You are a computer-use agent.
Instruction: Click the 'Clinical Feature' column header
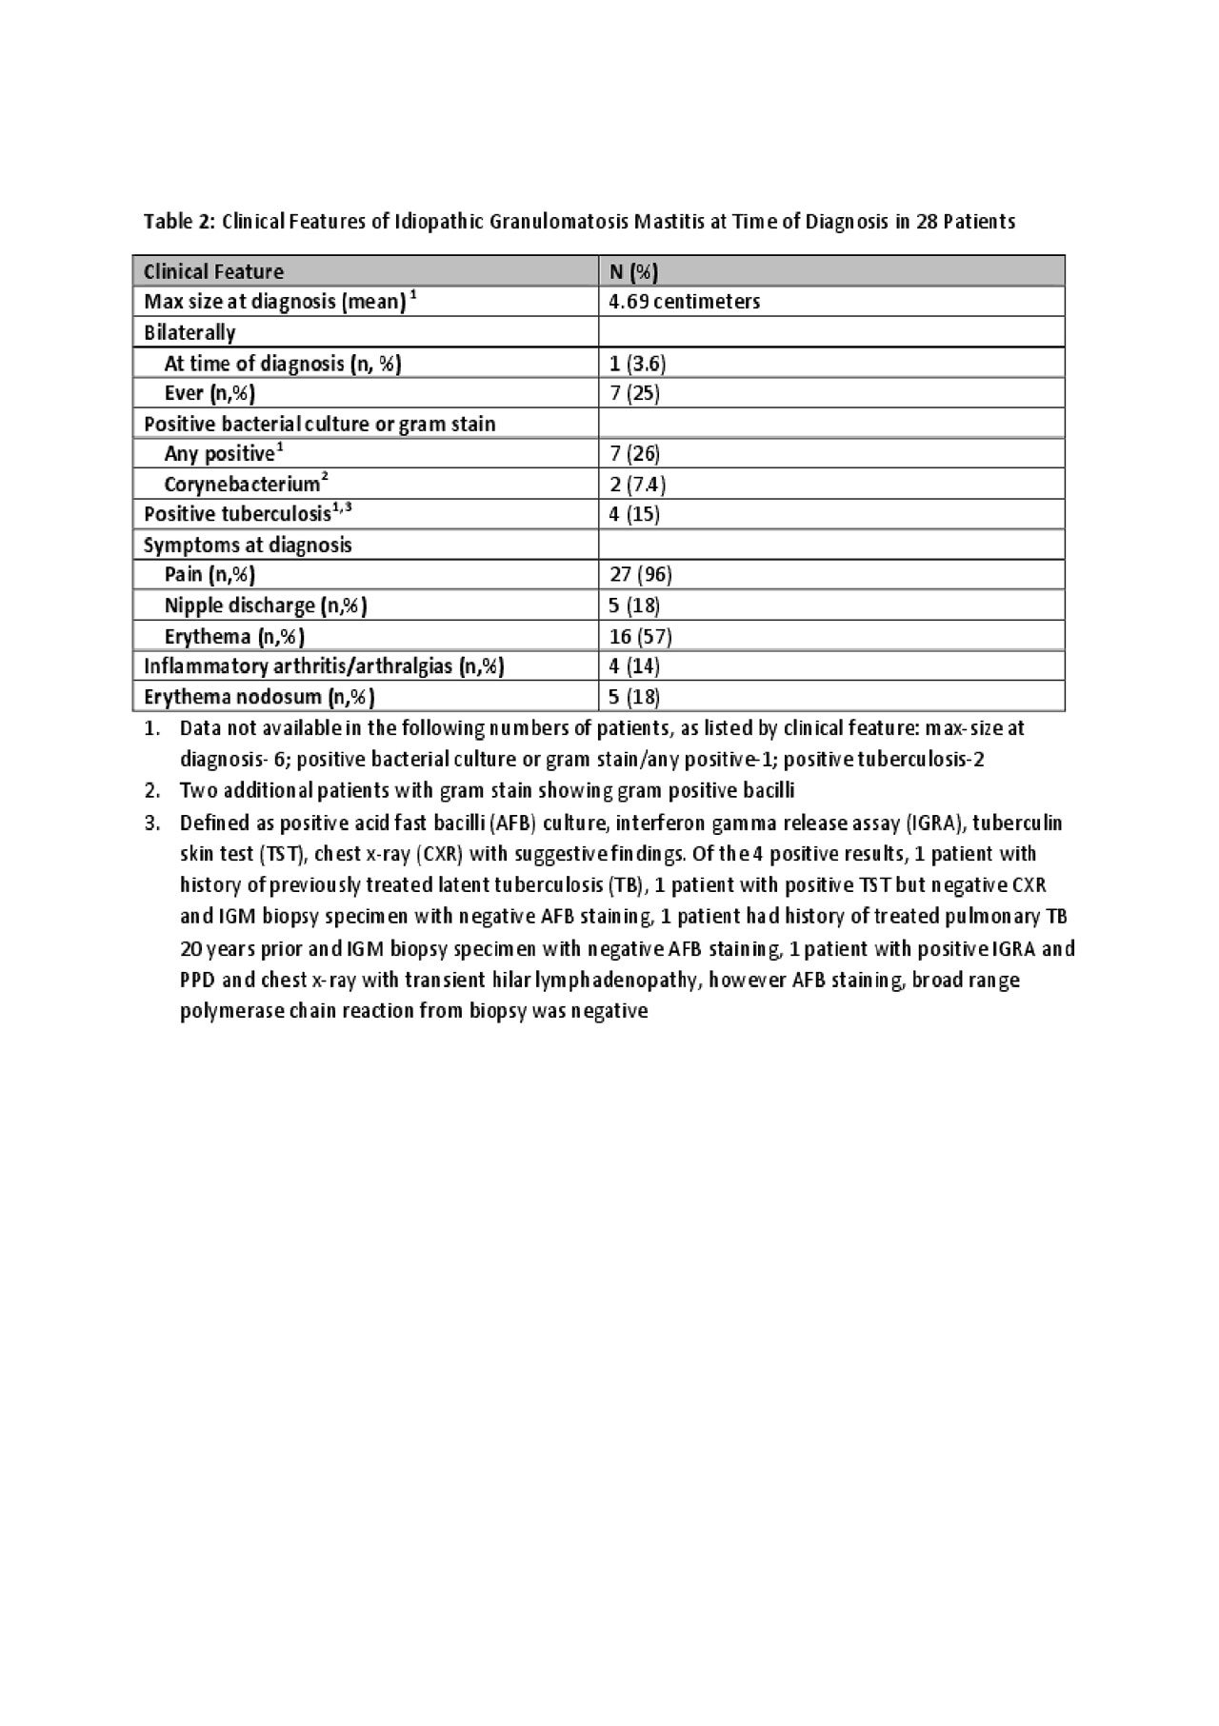[213, 272]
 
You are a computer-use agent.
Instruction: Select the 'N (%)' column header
[633, 272]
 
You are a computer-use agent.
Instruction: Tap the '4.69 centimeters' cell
[684, 302]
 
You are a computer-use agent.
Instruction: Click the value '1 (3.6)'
[637, 363]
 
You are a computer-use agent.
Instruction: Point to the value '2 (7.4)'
[637, 484]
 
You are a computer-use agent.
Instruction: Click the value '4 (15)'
[634, 514]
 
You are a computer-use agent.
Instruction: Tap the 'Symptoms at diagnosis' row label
[248, 545]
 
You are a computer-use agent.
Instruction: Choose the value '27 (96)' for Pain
[640, 574]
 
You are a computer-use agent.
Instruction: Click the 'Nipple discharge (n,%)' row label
[266, 605]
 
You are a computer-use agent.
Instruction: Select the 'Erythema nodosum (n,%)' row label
[259, 697]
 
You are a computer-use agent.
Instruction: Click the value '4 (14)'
[634, 665]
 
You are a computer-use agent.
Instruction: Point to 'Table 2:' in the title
[180, 222]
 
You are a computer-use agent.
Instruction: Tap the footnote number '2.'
[152, 790]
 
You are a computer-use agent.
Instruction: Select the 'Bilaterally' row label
[190, 332]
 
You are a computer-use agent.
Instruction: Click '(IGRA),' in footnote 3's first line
[935, 822]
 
